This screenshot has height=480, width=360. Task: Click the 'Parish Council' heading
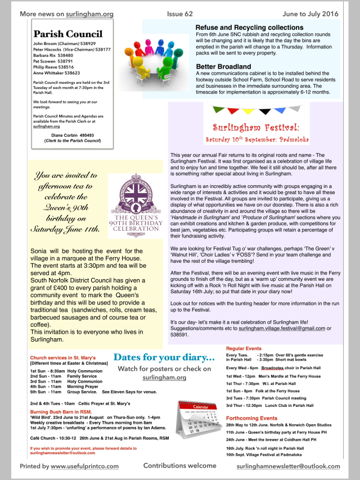[x=67, y=34]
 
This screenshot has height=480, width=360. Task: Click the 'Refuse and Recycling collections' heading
[x=249, y=28]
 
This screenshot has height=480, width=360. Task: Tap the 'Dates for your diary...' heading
[x=164, y=357]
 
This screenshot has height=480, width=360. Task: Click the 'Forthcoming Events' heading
[x=251, y=418]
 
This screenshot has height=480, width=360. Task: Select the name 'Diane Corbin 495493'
[x=73, y=135]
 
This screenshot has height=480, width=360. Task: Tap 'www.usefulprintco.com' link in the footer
[x=84, y=466]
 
